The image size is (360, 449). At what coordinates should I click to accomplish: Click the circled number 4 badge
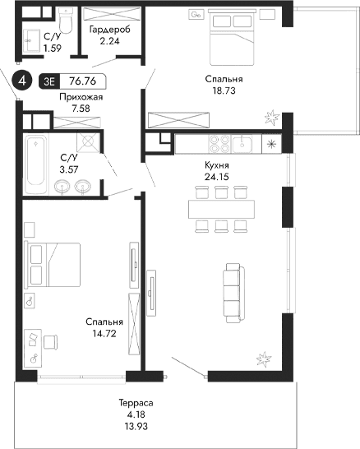tap(23, 81)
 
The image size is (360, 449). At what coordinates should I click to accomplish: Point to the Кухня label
tap(217, 164)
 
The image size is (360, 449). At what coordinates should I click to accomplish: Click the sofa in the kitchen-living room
tap(233, 292)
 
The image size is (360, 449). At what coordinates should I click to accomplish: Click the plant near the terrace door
tap(265, 358)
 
